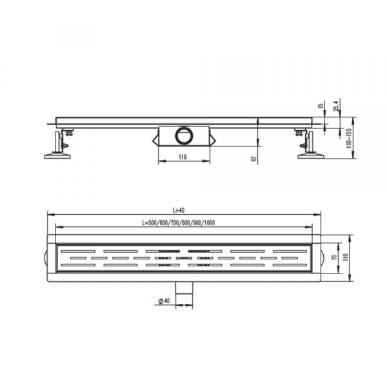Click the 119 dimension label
point(183,157)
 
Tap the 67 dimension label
point(254,159)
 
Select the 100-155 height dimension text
point(349,138)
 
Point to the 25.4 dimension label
point(337,105)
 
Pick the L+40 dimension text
point(179,210)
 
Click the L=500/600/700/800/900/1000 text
point(179,223)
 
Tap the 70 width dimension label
point(335,257)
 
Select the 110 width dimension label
point(345,257)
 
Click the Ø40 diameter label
point(164,301)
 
